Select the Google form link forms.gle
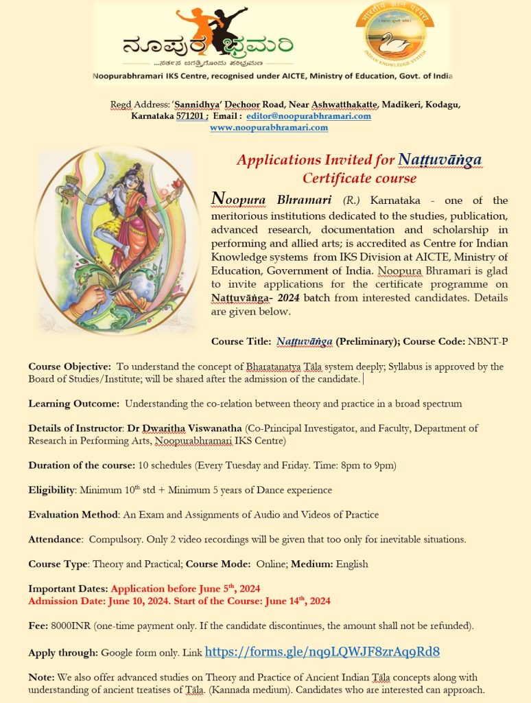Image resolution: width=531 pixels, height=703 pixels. coord(322,652)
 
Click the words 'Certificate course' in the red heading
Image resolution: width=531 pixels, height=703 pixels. coord(359,178)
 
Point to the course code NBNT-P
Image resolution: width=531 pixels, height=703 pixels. coord(488,341)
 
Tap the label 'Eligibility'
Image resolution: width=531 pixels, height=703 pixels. coord(51,489)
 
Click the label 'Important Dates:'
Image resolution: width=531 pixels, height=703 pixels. coord(68,588)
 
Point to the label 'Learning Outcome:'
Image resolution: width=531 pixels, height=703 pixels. coord(74,403)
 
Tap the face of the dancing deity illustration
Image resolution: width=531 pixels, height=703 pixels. coord(128,180)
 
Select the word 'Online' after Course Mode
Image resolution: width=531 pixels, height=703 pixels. coord(271,564)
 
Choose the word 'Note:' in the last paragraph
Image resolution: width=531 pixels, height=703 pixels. coord(41,677)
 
